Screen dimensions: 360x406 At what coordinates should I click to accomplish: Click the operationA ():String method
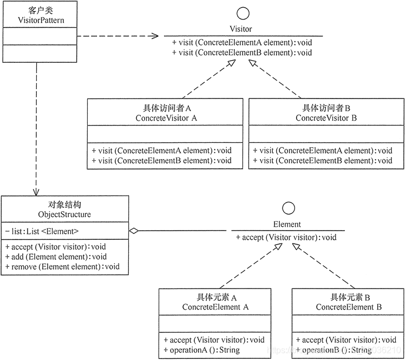pyautogui.click(x=201, y=350)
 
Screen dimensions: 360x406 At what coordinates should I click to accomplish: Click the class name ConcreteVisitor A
pyautogui.click(x=165, y=117)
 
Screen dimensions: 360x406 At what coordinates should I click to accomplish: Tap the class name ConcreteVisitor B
pyautogui.click(x=326, y=117)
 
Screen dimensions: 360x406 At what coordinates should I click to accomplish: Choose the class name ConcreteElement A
pyautogui.click(x=215, y=307)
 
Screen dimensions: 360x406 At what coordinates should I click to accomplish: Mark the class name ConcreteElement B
pyautogui.click(x=349, y=307)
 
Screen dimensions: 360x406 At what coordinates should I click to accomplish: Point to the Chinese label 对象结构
pyautogui.click(x=65, y=205)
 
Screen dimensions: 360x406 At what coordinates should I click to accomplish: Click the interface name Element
pyautogui.click(x=287, y=224)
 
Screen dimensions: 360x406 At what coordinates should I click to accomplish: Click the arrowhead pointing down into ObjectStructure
pyautogui.click(x=36, y=192)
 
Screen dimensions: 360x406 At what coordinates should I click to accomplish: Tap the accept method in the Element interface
pyautogui.click(x=286, y=237)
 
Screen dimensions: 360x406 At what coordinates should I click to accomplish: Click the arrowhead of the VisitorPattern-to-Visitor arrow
pyautogui.click(x=155, y=36)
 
